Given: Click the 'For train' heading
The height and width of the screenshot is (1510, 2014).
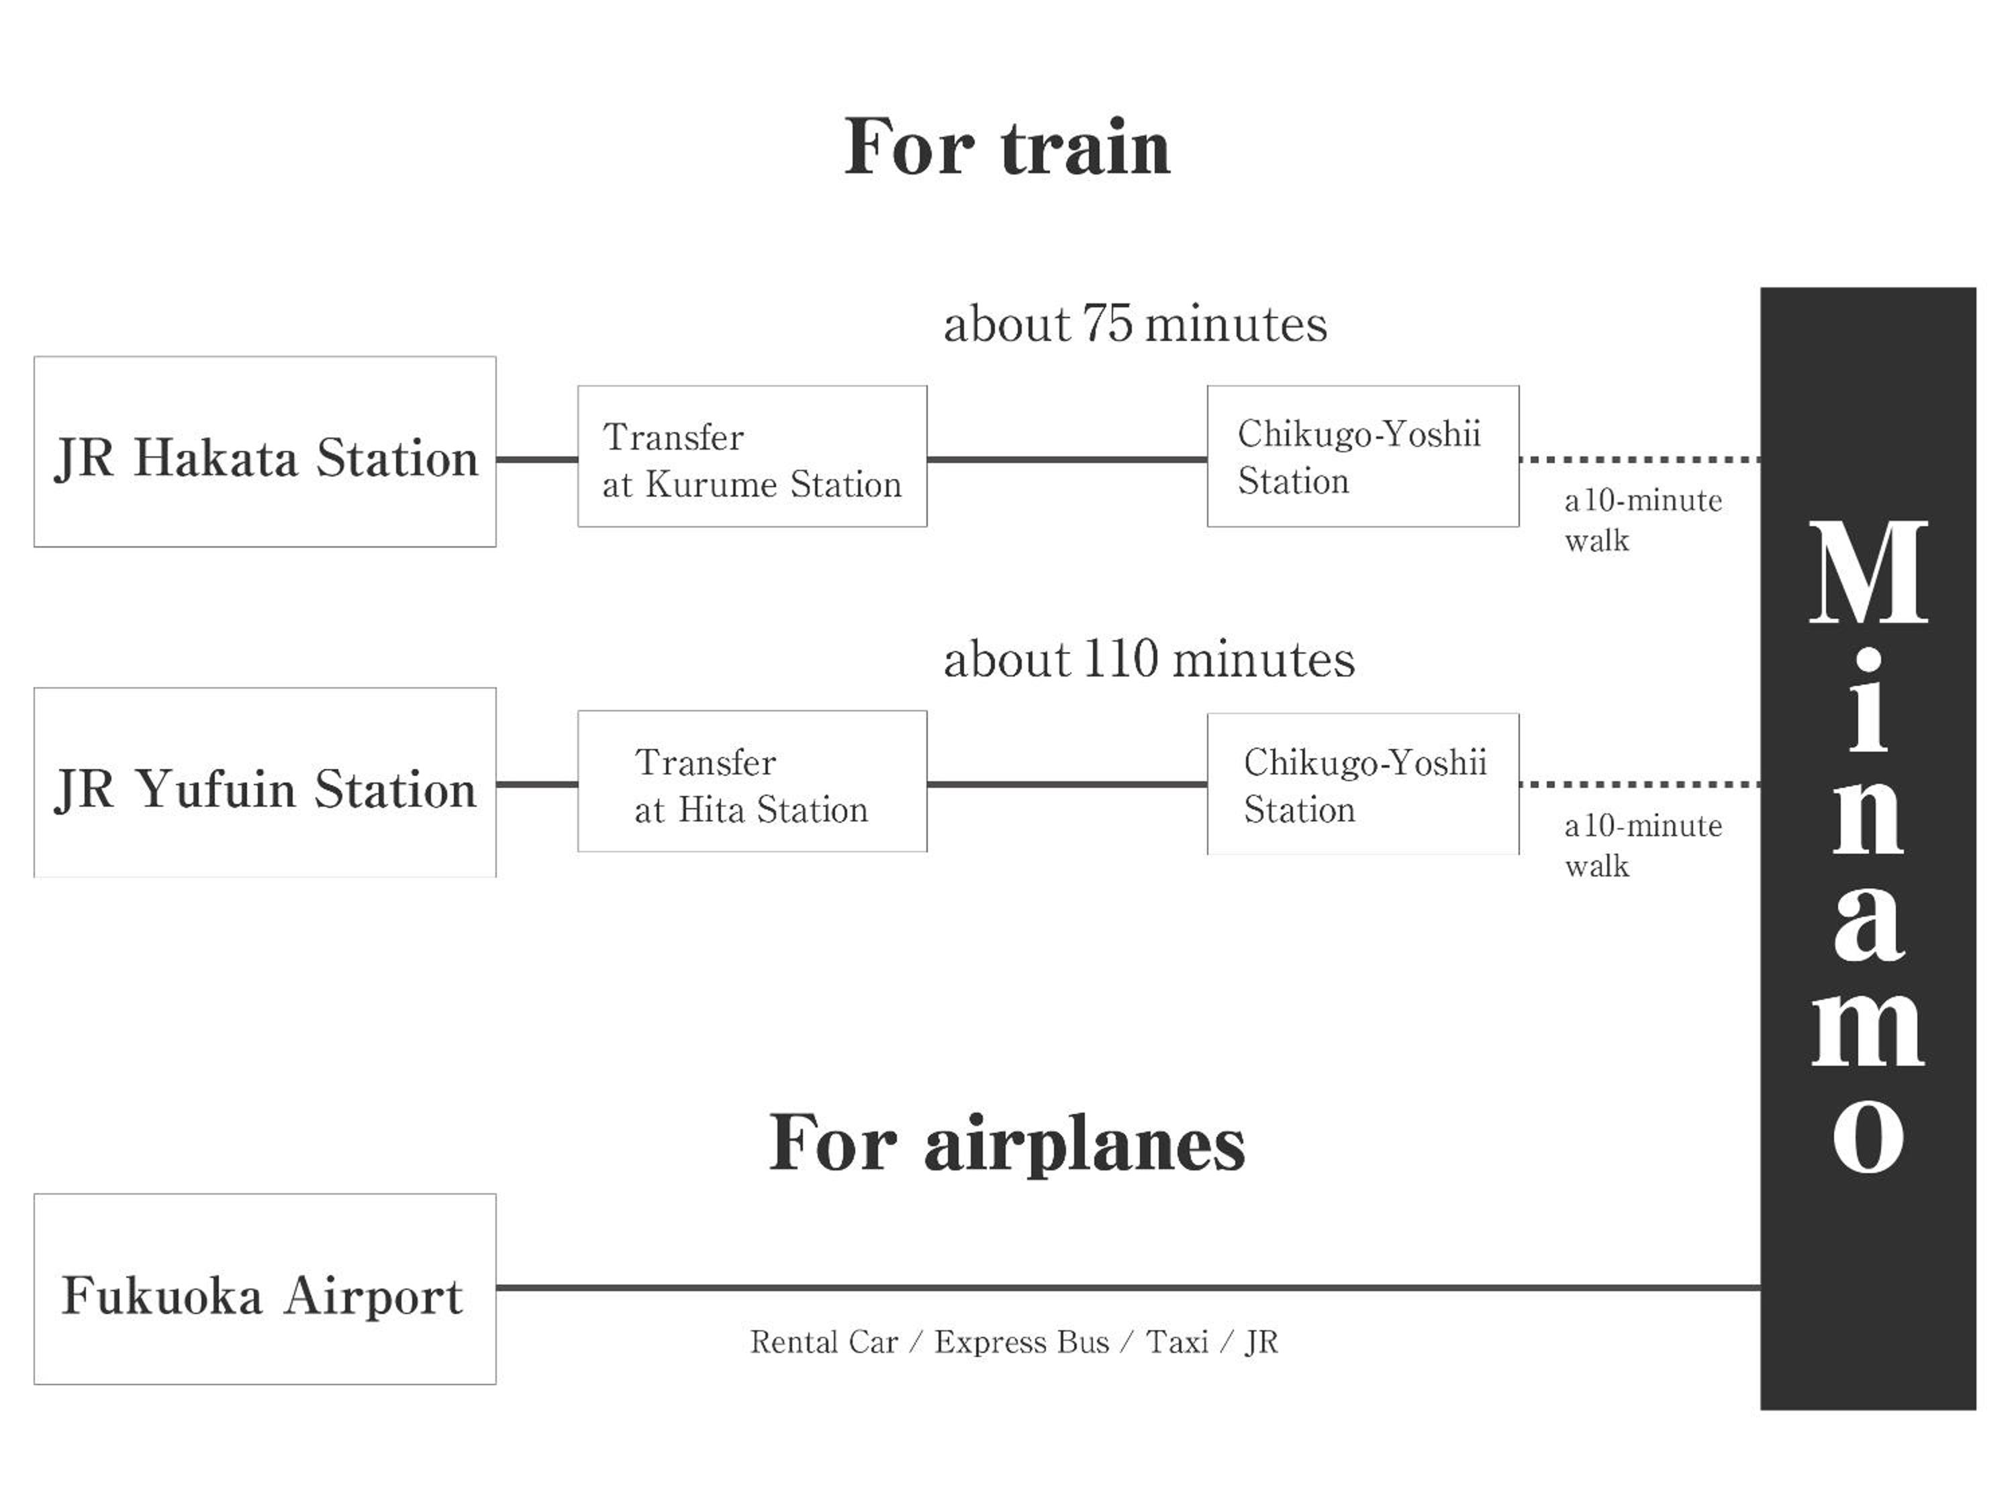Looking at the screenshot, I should [x=1006, y=148].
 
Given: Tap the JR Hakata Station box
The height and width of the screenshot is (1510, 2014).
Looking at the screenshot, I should [x=265, y=452].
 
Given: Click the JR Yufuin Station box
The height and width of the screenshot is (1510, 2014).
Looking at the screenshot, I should [x=265, y=783].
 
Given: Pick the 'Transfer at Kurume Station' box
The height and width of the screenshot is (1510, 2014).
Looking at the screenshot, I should [x=752, y=457].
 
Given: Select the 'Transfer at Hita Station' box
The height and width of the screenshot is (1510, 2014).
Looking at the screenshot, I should [x=752, y=782].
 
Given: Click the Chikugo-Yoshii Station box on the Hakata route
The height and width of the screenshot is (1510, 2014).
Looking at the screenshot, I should [x=1363, y=457].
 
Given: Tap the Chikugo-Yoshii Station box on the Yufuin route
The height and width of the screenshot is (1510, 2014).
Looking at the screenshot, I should [x=1363, y=784].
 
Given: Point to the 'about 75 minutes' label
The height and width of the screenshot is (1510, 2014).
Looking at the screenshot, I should [x=1135, y=325].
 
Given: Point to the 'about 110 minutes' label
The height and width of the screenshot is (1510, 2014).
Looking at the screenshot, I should [x=1148, y=660].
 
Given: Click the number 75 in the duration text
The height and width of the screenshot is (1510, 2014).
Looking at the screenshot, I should [x=1107, y=324].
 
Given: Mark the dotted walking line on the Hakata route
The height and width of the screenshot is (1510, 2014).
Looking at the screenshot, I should [x=1639, y=460].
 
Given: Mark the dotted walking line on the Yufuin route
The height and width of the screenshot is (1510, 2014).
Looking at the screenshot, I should [x=1639, y=784].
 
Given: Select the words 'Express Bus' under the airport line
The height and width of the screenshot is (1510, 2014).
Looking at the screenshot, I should [x=1022, y=1342].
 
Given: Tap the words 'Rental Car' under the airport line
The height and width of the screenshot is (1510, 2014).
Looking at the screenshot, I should [x=824, y=1342].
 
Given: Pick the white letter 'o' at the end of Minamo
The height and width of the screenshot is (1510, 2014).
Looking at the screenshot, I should [x=1868, y=1138].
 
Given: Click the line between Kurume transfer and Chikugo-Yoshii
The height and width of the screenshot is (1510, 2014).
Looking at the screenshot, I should [x=1067, y=460].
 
